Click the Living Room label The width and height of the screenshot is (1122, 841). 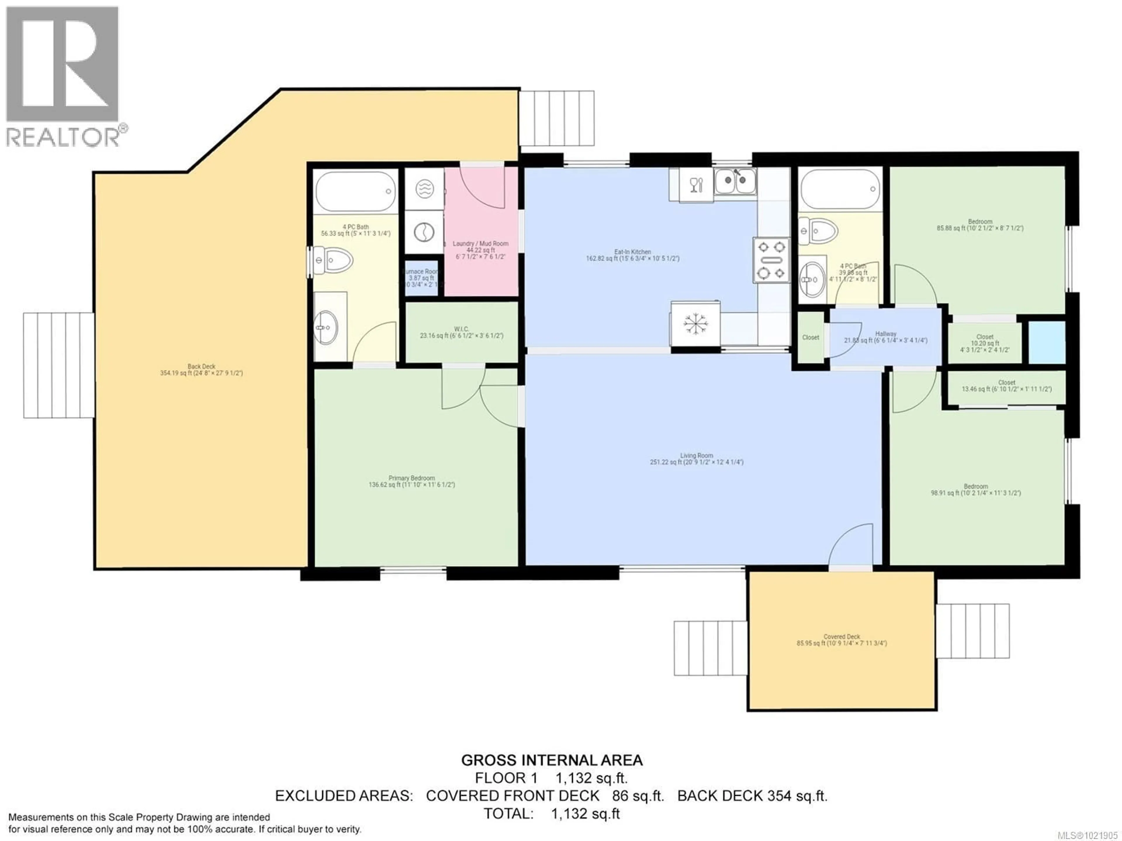click(697, 458)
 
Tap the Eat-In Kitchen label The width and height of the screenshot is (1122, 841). click(633, 255)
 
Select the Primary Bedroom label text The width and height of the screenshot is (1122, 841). click(411, 481)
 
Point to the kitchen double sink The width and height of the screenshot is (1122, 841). click(735, 181)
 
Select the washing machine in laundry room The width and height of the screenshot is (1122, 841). click(424, 233)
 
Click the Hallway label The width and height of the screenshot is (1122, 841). click(885, 337)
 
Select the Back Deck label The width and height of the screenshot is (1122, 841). click(201, 369)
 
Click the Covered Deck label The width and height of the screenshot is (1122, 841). click(841, 640)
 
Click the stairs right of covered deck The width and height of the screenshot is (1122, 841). click(972, 631)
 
